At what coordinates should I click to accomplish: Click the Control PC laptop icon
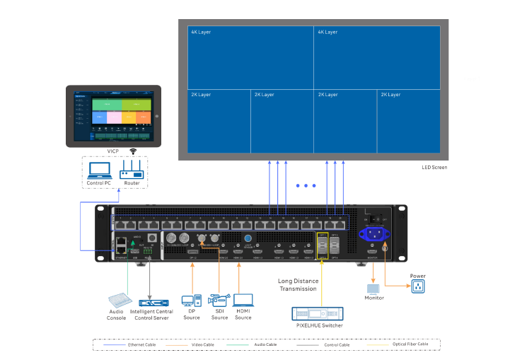(99, 170)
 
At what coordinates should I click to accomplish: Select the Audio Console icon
(116, 303)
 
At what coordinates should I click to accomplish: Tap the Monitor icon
(374, 289)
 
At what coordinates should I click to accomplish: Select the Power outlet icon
(418, 286)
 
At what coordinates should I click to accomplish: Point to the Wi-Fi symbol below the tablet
(133, 151)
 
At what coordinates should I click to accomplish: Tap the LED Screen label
(434, 168)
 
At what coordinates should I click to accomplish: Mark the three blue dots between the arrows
(306, 186)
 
